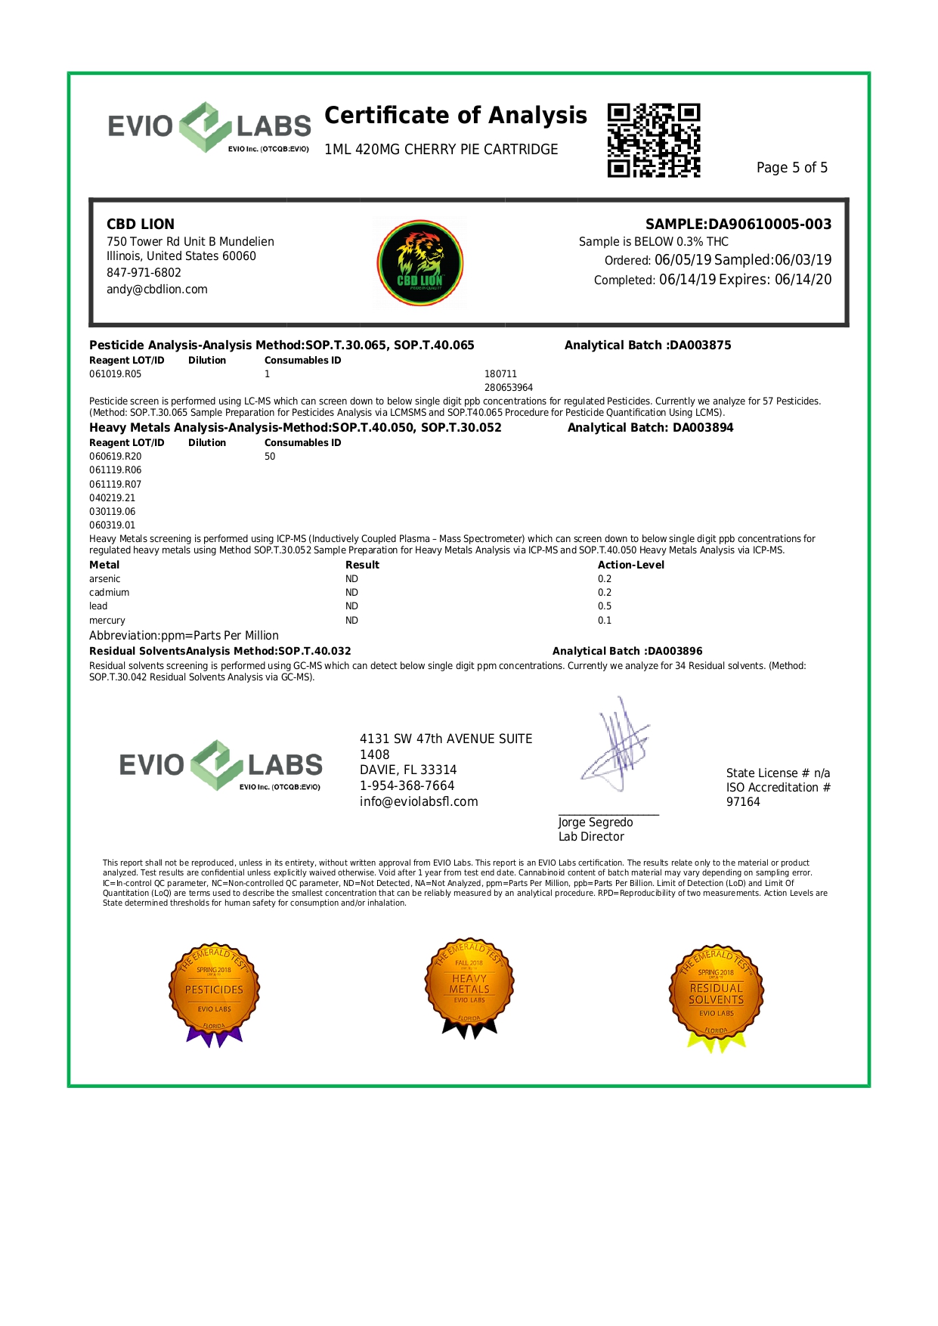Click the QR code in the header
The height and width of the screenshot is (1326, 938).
654,141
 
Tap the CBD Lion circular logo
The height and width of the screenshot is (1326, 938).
420,263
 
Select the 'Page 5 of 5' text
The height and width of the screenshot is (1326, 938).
791,168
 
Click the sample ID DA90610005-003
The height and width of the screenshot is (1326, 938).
769,225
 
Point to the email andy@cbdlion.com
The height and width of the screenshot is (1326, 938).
157,290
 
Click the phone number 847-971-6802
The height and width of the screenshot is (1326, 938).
144,273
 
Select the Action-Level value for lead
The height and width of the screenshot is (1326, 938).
605,606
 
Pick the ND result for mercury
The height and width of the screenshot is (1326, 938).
351,621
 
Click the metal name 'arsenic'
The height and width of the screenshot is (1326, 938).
105,579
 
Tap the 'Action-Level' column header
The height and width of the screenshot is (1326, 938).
631,565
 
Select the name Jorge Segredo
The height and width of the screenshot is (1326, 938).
596,823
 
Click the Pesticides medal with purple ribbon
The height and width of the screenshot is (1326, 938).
215,993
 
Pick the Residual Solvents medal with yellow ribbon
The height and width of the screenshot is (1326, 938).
716,996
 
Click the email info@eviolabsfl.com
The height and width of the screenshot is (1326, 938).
419,802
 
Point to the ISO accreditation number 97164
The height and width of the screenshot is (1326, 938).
743,802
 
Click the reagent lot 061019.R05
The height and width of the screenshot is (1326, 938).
115,374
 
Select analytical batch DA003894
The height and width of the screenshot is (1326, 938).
703,428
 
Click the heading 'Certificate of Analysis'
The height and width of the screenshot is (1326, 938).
455,116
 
